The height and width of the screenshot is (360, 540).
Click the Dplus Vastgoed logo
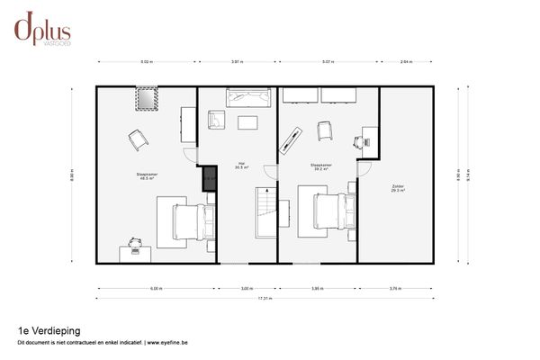pos(43,29)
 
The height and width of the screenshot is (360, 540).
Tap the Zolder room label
pos(397,188)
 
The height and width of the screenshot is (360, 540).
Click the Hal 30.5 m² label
pos(240,166)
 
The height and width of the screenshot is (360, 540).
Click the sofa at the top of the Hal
pos(248,97)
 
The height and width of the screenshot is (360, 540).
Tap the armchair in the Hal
pos(216,120)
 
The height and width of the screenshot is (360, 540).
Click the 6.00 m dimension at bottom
pos(156,289)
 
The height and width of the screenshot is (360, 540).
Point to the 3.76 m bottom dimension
pos(394,289)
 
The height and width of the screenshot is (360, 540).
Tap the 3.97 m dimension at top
pos(236,62)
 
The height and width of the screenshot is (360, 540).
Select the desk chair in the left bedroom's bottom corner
pos(135,242)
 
